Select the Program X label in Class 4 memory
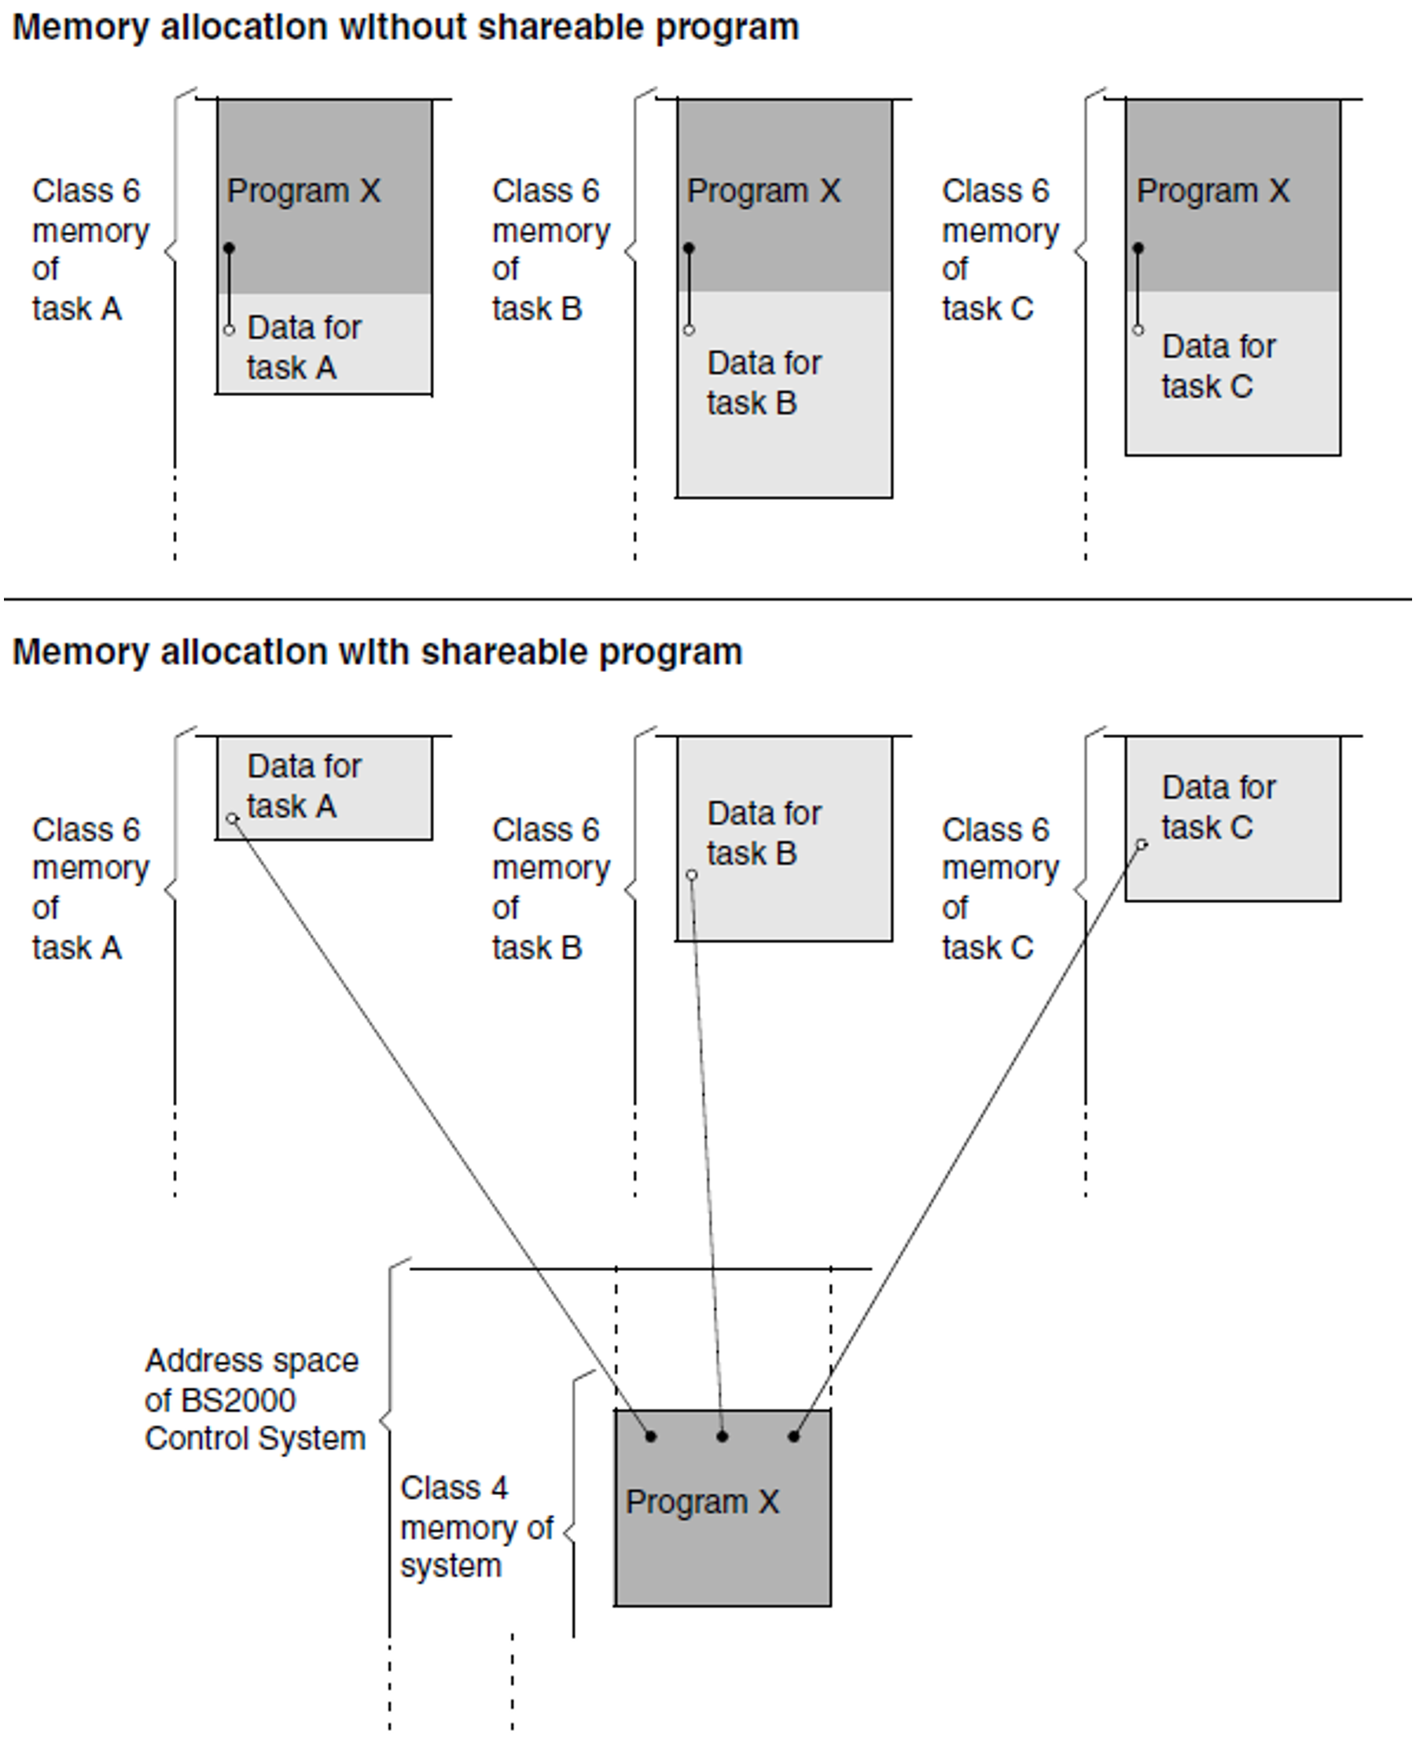[702, 1501]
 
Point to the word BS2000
[220, 1400]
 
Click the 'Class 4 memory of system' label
[476, 1527]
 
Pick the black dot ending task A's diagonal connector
[650, 1436]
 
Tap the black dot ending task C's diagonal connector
[793, 1436]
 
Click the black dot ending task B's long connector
[722, 1436]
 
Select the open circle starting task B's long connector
[692, 875]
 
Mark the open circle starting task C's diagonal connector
[1142, 845]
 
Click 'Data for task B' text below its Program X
[763, 383]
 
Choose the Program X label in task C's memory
[1213, 191]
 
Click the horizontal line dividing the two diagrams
[708, 600]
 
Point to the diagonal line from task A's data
[440, 1126]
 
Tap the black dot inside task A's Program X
[230, 248]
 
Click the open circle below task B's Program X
[690, 330]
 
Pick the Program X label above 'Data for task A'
[303, 191]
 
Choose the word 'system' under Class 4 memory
[451, 1566]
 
